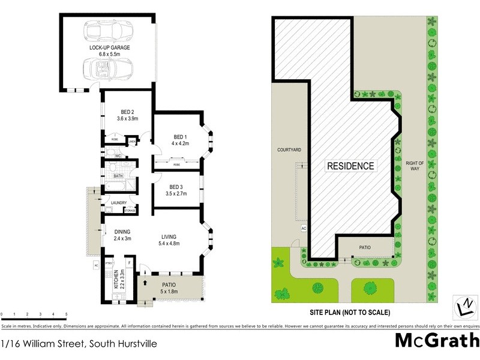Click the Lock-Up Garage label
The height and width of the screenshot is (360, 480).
[110, 47]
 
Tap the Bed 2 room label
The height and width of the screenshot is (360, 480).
[127, 112]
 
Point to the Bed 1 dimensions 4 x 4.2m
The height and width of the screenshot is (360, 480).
[181, 144]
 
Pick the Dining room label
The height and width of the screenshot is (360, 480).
[122, 232]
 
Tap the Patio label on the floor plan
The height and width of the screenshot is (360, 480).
[168, 284]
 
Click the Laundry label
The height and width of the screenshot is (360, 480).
[118, 203]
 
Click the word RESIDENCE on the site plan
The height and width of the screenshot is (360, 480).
[350, 166]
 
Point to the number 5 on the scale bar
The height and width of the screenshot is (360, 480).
[66, 314]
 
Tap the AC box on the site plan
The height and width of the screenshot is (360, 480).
[304, 229]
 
